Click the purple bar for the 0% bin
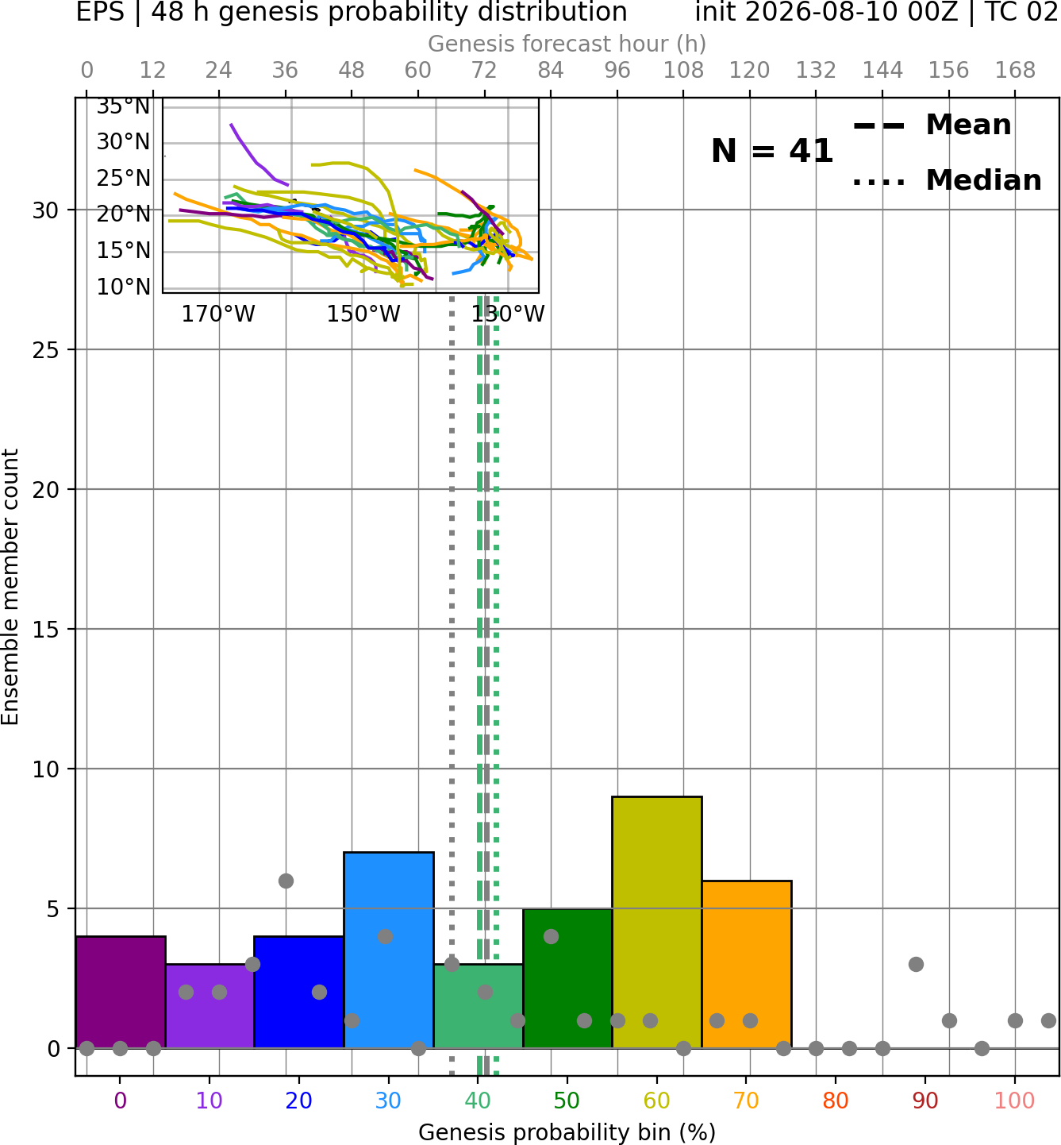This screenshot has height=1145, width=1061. pyautogui.click(x=121, y=993)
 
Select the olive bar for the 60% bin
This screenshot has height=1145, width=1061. pyautogui.click(x=657, y=923)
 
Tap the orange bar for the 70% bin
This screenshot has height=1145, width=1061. pyautogui.click(x=747, y=965)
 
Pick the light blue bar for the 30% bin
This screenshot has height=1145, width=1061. pyautogui.click(x=389, y=950)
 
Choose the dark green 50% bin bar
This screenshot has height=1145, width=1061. pyautogui.click(x=567, y=978)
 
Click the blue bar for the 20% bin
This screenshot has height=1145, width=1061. pyautogui.click(x=299, y=993)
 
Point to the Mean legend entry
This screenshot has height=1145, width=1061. pyautogui.click(x=932, y=125)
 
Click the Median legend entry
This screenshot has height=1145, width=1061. pyautogui.click(x=948, y=180)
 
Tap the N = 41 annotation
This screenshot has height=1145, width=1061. pyautogui.click(x=772, y=151)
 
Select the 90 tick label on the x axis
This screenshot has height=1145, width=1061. pyautogui.click(x=925, y=1101)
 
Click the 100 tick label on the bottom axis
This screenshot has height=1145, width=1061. pyautogui.click(x=1015, y=1101)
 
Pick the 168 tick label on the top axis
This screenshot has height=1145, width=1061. pyautogui.click(x=1015, y=71)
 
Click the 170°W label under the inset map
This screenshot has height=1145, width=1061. pyautogui.click(x=218, y=314)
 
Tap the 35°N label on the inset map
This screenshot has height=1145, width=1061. pyautogui.click(x=123, y=106)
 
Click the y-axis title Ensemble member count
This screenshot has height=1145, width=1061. pyautogui.click(x=10, y=587)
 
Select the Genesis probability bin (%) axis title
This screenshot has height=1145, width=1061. pyautogui.click(x=567, y=1132)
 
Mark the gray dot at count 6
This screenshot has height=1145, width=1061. pyautogui.click(x=286, y=881)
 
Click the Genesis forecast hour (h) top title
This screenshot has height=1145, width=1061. pyautogui.click(x=567, y=44)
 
